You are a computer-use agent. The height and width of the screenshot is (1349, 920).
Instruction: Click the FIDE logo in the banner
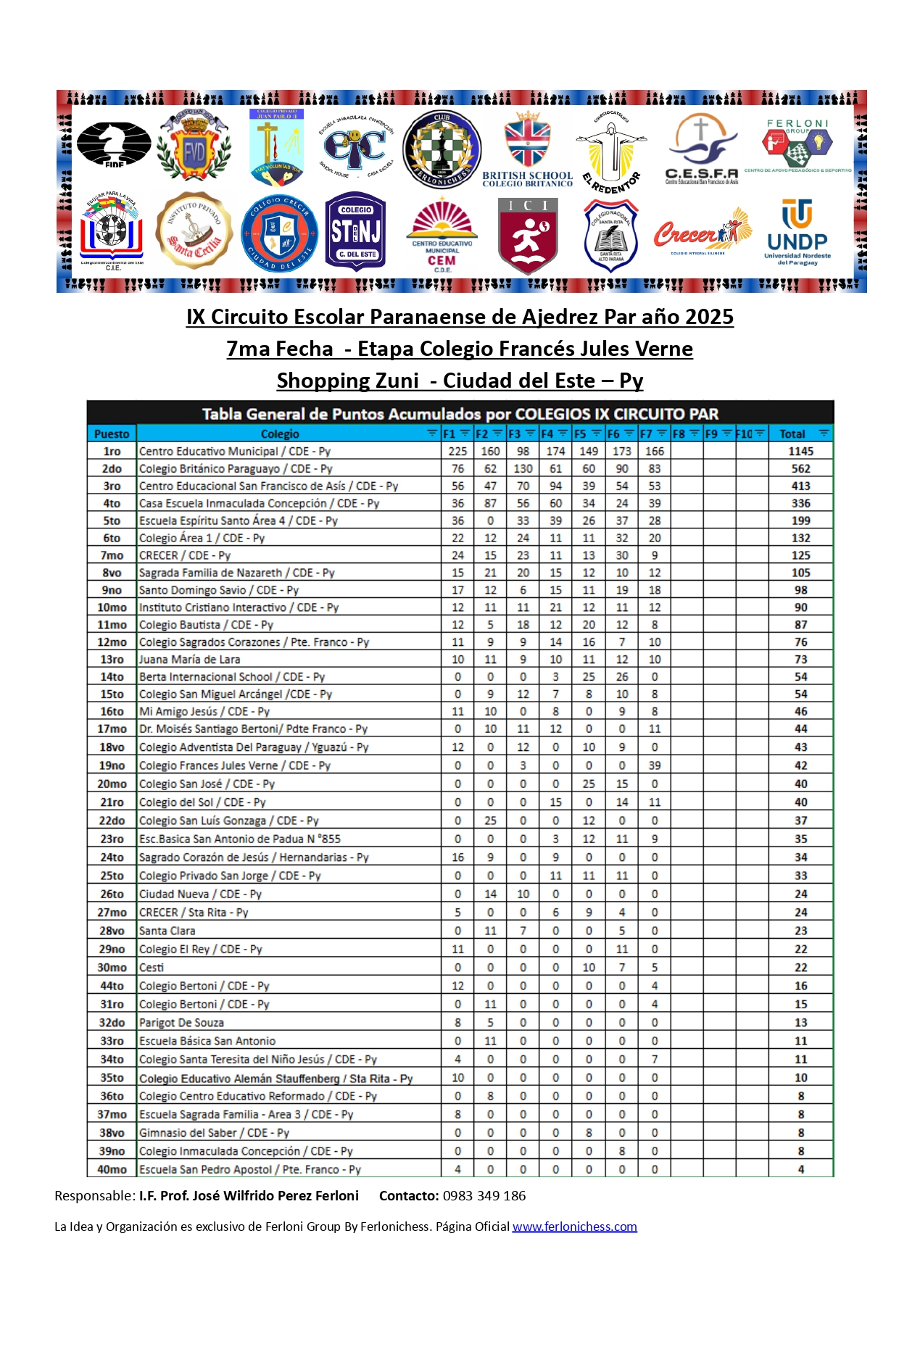tap(114, 145)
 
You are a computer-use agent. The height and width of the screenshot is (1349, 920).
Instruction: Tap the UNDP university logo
tap(797, 232)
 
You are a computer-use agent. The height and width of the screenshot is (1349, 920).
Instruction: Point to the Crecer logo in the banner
tap(702, 232)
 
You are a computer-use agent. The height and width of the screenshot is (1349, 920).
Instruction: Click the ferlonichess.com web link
tap(574, 1226)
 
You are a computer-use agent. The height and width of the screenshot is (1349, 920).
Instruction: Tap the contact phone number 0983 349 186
tap(484, 1196)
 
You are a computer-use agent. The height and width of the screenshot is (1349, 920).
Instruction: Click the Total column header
tap(792, 434)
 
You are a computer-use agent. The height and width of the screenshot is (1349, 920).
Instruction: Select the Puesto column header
tap(112, 434)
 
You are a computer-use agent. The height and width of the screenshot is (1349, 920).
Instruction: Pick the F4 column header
tap(548, 434)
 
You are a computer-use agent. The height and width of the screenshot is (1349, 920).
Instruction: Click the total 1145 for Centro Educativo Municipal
tap(800, 452)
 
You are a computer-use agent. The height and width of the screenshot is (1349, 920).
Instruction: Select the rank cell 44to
tap(112, 986)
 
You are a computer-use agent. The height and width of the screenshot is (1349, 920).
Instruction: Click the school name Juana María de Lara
tap(189, 660)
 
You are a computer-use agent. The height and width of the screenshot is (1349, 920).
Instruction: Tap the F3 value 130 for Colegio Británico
tap(523, 469)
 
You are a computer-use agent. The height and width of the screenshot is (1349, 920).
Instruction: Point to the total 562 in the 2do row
tap(800, 469)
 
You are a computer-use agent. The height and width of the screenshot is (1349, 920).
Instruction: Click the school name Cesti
tap(152, 968)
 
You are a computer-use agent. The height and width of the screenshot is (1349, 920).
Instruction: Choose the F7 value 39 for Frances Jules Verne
tap(654, 765)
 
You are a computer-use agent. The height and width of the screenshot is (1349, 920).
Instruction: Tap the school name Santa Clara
tap(167, 931)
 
